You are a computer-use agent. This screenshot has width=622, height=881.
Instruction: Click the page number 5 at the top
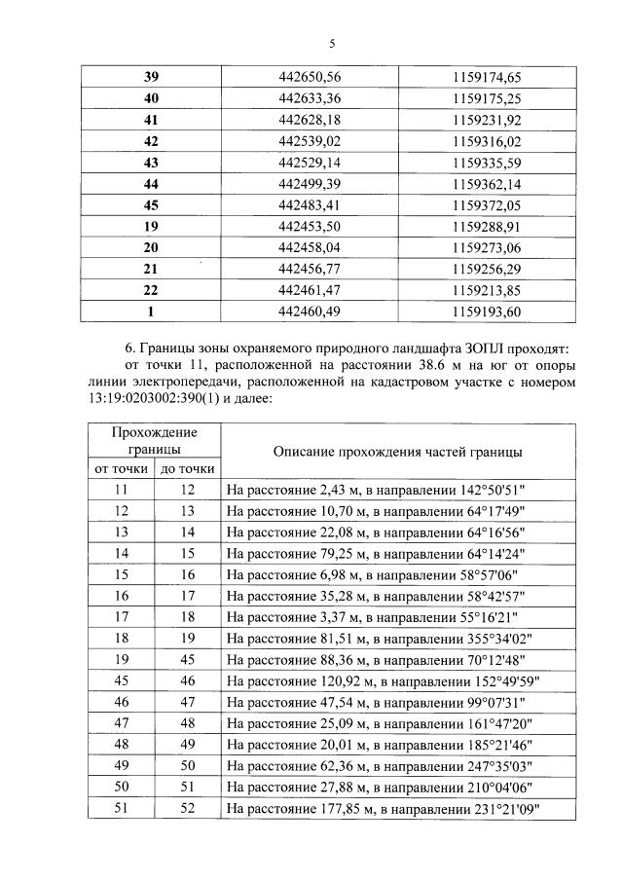[331, 44]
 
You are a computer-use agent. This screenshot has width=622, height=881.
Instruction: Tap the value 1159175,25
[488, 97]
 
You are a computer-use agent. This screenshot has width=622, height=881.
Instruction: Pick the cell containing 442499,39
[311, 183]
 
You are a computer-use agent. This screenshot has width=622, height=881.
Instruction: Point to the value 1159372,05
[488, 204]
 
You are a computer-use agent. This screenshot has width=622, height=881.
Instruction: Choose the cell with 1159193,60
[488, 312]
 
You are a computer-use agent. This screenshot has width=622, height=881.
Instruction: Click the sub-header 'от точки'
[121, 469]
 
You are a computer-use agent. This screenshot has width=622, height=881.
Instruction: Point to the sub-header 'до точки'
[187, 469]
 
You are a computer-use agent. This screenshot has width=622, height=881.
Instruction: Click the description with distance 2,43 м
[379, 490]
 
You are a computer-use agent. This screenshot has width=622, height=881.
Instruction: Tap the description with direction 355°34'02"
[383, 638]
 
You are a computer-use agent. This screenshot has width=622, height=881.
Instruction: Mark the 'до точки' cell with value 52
[187, 808]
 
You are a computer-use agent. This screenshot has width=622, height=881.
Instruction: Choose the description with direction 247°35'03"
[381, 765]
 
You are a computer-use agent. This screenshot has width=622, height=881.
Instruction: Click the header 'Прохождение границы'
[154, 441]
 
